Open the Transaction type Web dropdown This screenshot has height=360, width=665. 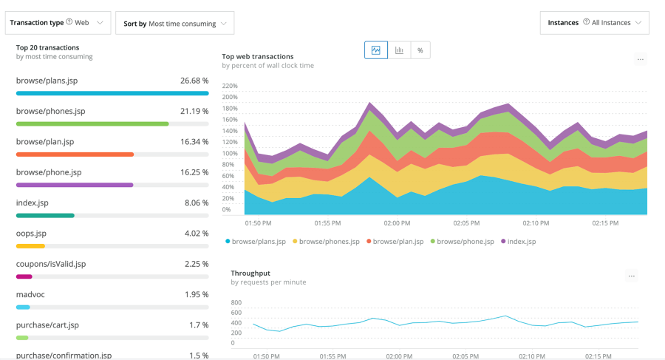click(x=58, y=23)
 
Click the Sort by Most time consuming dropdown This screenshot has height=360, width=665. click(x=174, y=24)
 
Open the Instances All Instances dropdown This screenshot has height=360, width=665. click(x=594, y=23)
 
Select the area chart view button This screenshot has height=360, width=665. click(x=375, y=50)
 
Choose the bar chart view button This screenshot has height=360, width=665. click(x=399, y=50)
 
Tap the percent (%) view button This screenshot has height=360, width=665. click(x=420, y=50)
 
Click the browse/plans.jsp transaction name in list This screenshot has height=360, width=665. click(x=47, y=81)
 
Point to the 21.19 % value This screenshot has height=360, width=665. click(x=193, y=111)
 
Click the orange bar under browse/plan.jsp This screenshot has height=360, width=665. click(x=75, y=154)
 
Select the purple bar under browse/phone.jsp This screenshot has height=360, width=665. click(x=75, y=185)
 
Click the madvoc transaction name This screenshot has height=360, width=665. click(x=30, y=294)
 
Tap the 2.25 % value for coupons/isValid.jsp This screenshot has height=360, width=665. click(x=196, y=264)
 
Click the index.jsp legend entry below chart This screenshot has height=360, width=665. click(x=521, y=241)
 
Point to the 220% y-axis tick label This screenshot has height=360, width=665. click(x=230, y=86)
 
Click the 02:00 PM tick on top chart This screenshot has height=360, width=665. click(x=397, y=223)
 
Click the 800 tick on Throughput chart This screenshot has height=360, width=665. click(x=236, y=302)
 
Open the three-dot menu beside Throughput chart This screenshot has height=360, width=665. click(x=631, y=276)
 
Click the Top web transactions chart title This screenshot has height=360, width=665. click(x=257, y=56)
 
